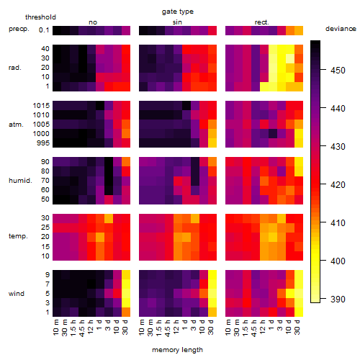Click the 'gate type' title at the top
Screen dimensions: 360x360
pos(178,12)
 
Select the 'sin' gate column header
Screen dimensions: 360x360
pos(177,22)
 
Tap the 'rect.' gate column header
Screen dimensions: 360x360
pos(261,22)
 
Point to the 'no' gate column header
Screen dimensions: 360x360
pos(93,22)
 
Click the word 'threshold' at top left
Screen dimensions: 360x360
pos(40,17)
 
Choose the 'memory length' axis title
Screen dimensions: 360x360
pos(177,350)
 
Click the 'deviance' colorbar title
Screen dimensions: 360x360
pos(341,29)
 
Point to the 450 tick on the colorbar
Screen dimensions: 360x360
pos(338,71)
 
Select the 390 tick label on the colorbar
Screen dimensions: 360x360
pos(338,300)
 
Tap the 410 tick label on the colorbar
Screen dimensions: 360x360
pos(338,223)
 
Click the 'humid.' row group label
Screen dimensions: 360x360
pos(20,180)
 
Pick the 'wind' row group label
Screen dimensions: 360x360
pos(17,294)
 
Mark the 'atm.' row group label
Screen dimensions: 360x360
pos(16,125)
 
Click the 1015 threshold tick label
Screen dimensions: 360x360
pos(41,106)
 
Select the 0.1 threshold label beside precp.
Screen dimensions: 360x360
pos(44,30)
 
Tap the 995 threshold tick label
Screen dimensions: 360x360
pos(43,143)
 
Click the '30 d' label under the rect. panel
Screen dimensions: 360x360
pos(297,327)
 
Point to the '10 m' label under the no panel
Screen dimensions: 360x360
pos(55,328)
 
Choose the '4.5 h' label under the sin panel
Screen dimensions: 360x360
pos(168,328)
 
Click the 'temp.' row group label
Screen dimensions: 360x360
pos(18,236)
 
